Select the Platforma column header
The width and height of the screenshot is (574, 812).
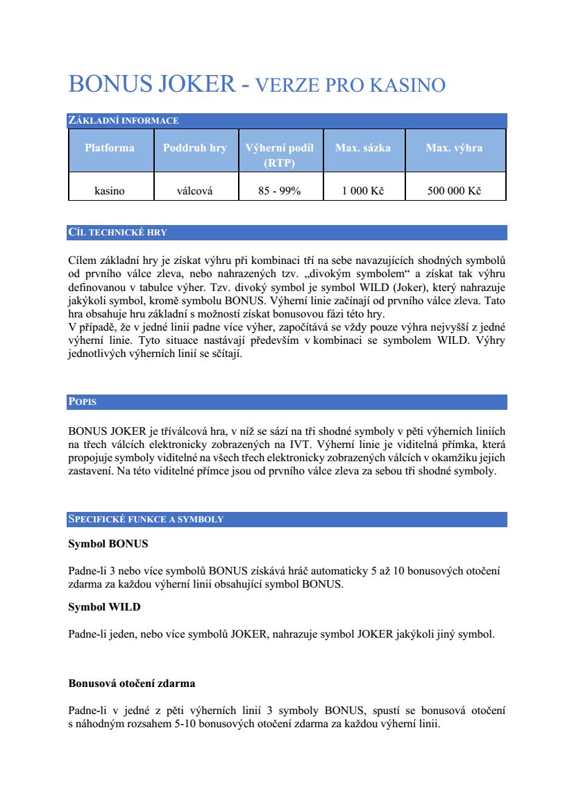click(110, 148)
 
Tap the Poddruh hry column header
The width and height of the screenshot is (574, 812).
click(195, 148)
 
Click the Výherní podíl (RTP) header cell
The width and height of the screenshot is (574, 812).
click(280, 155)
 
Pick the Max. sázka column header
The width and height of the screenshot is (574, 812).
click(363, 148)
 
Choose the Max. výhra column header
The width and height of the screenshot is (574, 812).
click(455, 148)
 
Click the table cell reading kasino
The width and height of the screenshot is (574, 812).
click(110, 191)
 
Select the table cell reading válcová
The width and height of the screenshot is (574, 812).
click(195, 191)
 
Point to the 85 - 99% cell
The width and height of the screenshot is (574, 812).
click(280, 191)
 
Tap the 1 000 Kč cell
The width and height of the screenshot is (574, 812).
click(363, 191)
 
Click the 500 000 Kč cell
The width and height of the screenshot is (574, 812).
click(455, 191)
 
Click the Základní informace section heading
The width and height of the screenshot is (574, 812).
click(124, 121)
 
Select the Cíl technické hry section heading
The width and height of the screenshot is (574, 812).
click(117, 233)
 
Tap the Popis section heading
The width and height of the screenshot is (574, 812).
click(83, 402)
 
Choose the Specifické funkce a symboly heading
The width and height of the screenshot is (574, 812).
click(146, 520)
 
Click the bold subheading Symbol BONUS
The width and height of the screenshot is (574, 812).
click(108, 544)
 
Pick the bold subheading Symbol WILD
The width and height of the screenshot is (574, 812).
click(104, 607)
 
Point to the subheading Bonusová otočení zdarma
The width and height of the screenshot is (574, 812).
click(132, 683)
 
